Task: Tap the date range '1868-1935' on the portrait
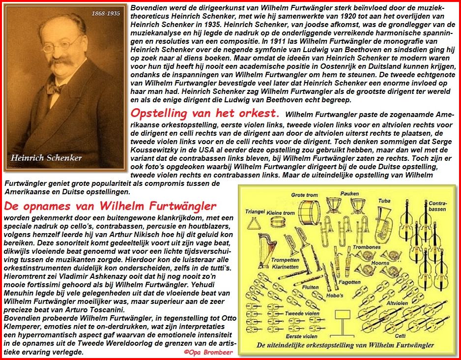coord(105,13)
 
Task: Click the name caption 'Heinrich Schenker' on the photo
coord(47,158)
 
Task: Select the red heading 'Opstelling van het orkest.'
coord(204,113)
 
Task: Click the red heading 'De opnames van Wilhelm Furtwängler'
coord(110,206)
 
